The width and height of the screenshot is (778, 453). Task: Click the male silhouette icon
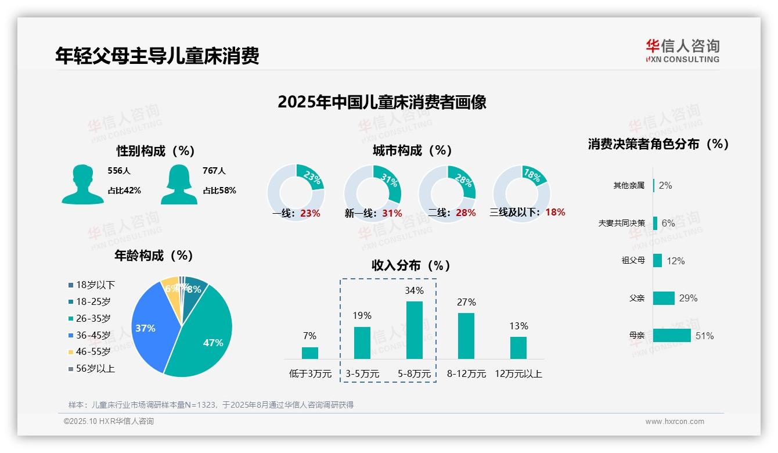point(82,184)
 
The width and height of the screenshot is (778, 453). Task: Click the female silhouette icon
point(179,184)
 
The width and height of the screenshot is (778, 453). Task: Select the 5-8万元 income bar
point(415,330)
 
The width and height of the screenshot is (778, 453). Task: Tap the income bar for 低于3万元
point(310,353)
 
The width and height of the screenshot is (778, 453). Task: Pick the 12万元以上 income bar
point(518,347)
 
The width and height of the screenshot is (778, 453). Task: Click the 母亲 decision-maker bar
point(672,336)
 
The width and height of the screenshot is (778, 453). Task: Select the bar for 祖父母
point(657,260)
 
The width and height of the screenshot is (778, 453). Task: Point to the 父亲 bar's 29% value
point(688,298)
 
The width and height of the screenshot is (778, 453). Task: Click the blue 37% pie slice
point(148,328)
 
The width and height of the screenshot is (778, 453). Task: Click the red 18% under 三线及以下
point(555,212)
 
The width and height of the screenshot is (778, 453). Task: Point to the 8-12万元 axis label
point(466,374)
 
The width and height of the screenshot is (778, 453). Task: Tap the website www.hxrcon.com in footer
point(675,422)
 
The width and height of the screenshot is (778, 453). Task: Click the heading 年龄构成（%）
point(154,255)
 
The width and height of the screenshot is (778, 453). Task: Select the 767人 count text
point(214,171)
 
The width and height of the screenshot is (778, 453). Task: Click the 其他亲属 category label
point(629,186)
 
